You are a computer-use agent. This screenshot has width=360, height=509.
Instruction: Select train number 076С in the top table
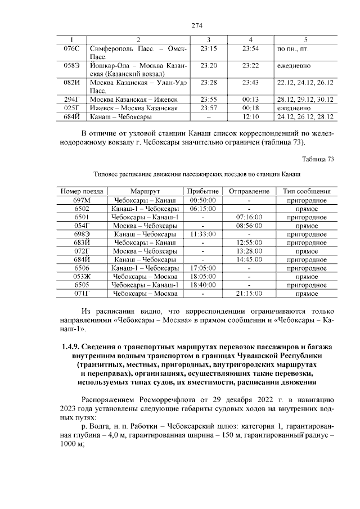71,49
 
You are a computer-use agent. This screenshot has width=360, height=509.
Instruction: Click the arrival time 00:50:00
200,200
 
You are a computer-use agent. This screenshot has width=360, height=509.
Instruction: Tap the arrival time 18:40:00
200,285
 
